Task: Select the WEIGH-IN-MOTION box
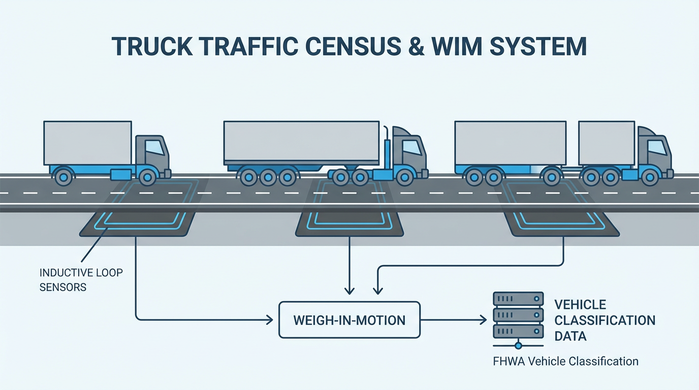349,320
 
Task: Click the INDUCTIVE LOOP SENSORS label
81,280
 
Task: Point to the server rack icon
518,315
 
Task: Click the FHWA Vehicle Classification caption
565,362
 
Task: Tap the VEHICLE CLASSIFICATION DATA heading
604,320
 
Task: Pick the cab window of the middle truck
411,147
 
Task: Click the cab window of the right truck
656,147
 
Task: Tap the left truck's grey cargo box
87,143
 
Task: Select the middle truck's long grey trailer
301,143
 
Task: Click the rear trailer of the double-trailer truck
510,143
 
